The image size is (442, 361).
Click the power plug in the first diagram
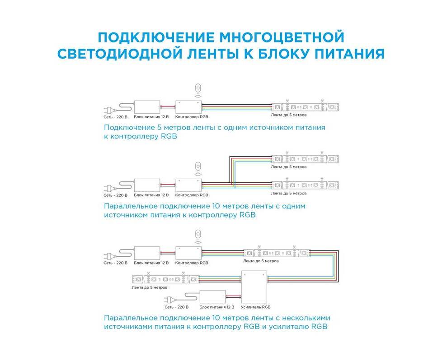[110, 109]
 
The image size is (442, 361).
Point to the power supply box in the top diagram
[147, 107]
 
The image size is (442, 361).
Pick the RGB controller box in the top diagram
[188, 107]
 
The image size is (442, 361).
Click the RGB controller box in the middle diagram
[188, 185]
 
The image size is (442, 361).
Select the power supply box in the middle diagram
[147, 185]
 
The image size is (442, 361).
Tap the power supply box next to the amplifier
[212, 296]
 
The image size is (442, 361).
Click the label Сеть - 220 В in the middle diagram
[115, 195]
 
